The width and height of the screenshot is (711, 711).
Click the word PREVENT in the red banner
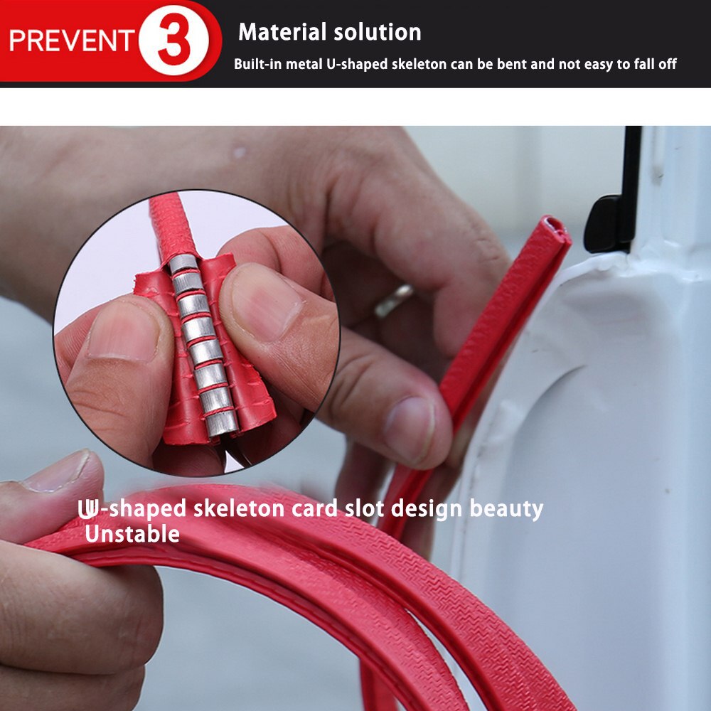tap(71, 41)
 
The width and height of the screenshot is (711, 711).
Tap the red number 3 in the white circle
tap(174, 41)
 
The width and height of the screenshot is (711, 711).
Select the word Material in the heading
tap(282, 32)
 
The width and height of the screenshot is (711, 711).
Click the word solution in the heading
tap(378, 32)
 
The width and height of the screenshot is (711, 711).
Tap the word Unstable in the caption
tap(132, 534)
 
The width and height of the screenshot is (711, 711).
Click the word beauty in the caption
tap(506, 509)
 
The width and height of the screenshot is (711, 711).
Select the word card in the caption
tap(315, 508)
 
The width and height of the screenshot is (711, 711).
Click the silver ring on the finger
tap(394, 300)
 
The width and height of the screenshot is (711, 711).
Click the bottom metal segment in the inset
tap(222, 422)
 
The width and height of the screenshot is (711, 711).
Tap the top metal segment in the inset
tap(183, 262)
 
